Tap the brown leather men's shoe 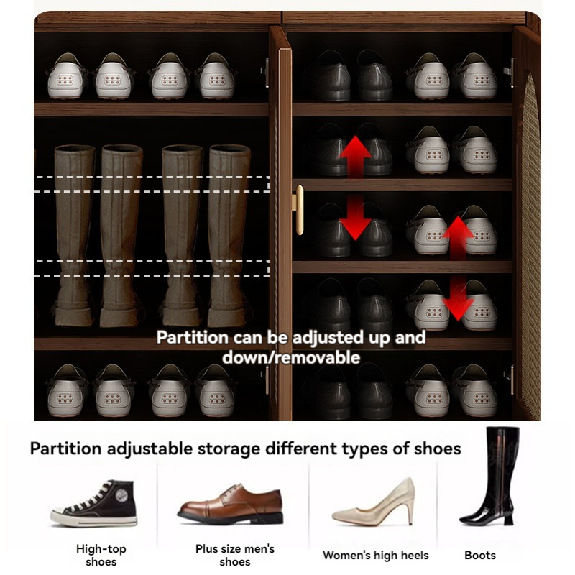229,502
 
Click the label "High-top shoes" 101,555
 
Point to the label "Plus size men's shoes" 235,555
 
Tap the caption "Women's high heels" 375,555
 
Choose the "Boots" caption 479,555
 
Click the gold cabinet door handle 298,209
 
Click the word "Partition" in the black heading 65,449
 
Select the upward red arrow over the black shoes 355,155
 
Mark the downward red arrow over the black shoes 355,219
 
